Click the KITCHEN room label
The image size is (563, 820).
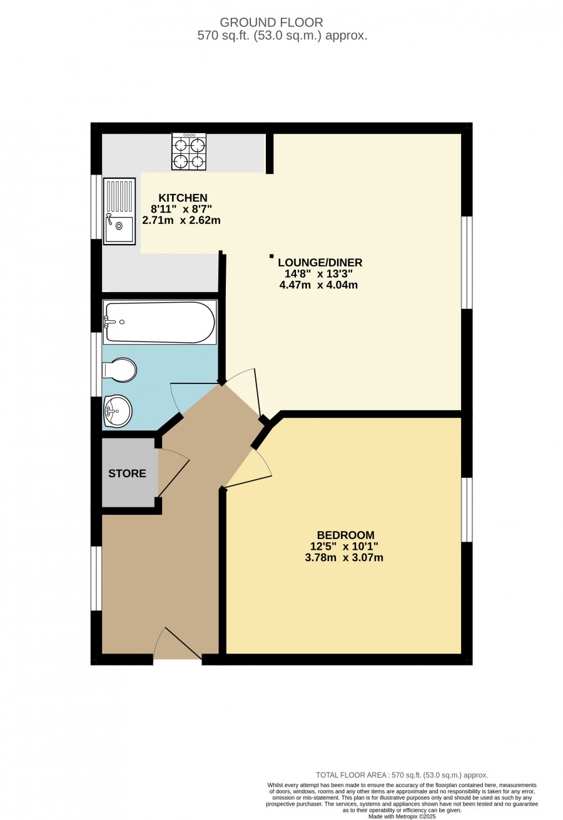[x=183, y=198]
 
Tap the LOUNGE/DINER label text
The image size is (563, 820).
[x=320, y=263]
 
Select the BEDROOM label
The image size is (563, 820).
[x=345, y=535]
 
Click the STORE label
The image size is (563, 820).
[x=127, y=473]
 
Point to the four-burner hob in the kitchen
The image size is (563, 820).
[x=189, y=151]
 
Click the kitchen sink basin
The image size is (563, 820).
[x=119, y=229]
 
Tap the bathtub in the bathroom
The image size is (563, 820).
[x=160, y=322]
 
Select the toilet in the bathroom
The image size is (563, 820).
[x=119, y=370]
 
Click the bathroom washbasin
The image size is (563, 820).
[x=118, y=411]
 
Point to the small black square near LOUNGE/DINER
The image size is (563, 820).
[x=271, y=256]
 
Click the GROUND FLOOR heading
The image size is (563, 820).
[x=271, y=23]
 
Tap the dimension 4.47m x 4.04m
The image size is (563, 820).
[x=318, y=285]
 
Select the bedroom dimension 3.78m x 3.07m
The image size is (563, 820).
[x=344, y=557]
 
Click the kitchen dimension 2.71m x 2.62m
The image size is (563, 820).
[x=181, y=220]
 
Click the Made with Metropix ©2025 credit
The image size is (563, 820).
[x=402, y=816]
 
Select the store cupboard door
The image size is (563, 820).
[x=174, y=473]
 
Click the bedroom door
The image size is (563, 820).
[x=249, y=469]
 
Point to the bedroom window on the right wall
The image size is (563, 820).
[x=467, y=510]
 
